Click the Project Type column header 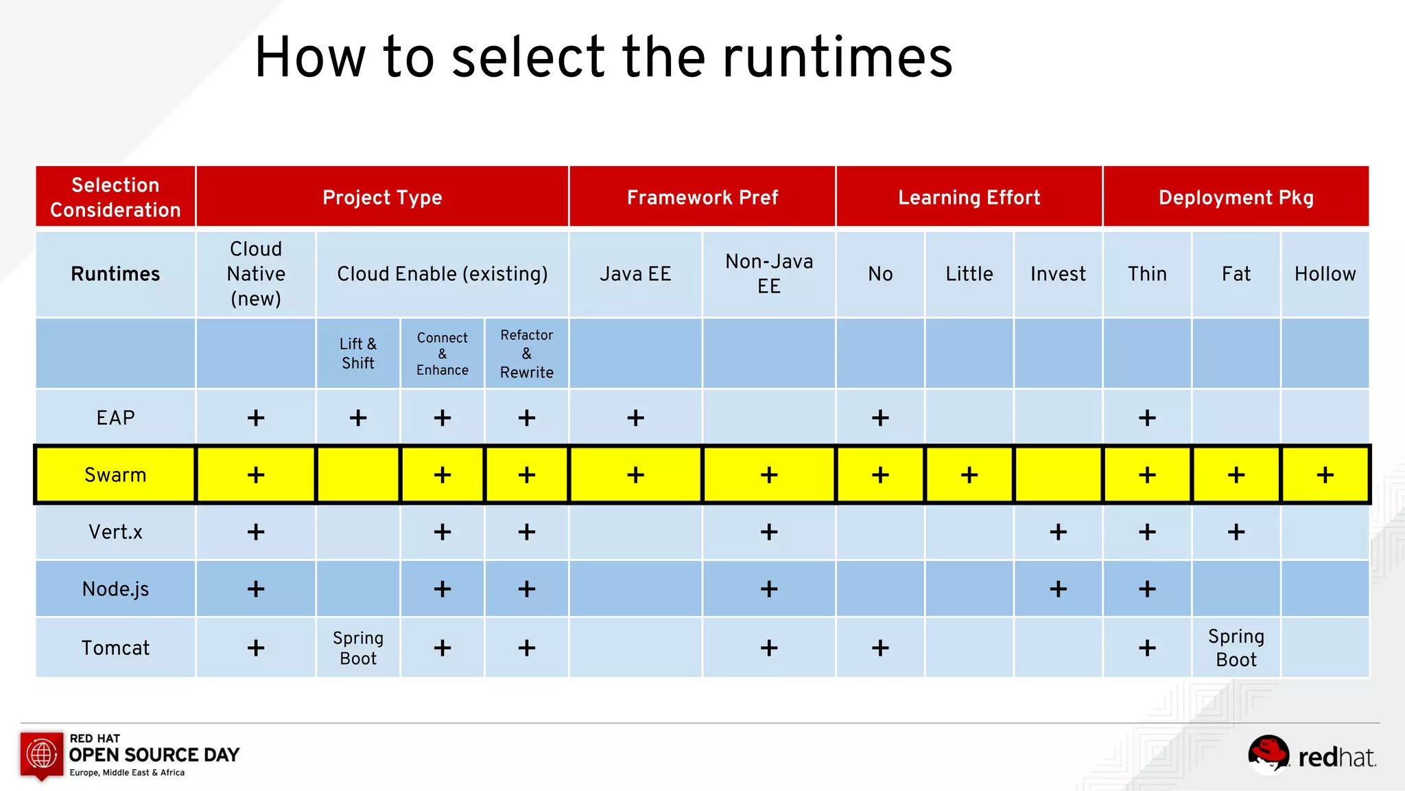point(382,197)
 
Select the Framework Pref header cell point(702,197)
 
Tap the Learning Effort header point(969,197)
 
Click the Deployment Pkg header point(1236,197)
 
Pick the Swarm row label point(115,474)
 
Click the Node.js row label point(115,588)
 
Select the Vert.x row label point(115,531)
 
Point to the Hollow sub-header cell point(1325,274)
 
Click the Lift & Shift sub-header point(358,353)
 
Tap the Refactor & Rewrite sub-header point(526,353)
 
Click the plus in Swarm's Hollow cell point(1325,474)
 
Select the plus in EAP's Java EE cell point(635,417)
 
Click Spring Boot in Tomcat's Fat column point(1236,647)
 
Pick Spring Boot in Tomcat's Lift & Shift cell point(358,647)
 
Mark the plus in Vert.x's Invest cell point(1058,531)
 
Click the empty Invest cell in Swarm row point(1058,474)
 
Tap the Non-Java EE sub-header point(769,274)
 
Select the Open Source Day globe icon point(42,754)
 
